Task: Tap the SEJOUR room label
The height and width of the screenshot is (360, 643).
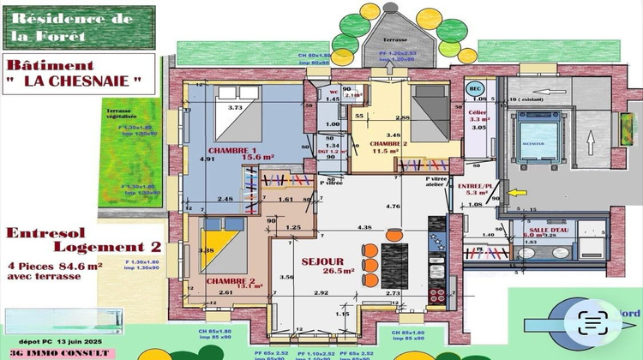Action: pyautogui.click(x=322, y=261)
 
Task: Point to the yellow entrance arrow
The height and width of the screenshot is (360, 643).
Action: pyautogui.click(x=518, y=193)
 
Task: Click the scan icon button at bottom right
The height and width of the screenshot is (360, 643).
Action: pyautogui.click(x=593, y=322)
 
